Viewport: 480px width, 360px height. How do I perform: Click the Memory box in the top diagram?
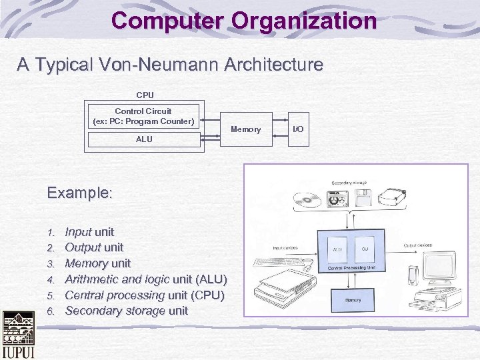pyautogui.click(x=245, y=129)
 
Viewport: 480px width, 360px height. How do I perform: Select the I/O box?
pyautogui.click(x=297, y=128)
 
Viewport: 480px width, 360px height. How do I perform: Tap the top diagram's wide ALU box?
pyautogui.click(x=144, y=140)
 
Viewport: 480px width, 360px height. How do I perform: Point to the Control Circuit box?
pyautogui.click(x=143, y=116)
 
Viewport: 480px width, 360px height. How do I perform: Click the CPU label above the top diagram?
pyautogui.click(x=145, y=95)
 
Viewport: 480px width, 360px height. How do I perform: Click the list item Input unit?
pyautogui.click(x=89, y=232)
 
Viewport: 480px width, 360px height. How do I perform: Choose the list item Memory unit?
pyautogui.click(x=97, y=263)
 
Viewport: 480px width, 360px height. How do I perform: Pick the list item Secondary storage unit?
pyautogui.click(x=126, y=311)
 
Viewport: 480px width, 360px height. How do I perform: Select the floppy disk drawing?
pyautogui.click(x=364, y=197)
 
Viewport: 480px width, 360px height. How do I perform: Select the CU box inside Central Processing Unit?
pyautogui.click(x=365, y=249)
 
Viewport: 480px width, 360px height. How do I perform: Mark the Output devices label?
pyautogui.click(x=418, y=245)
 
